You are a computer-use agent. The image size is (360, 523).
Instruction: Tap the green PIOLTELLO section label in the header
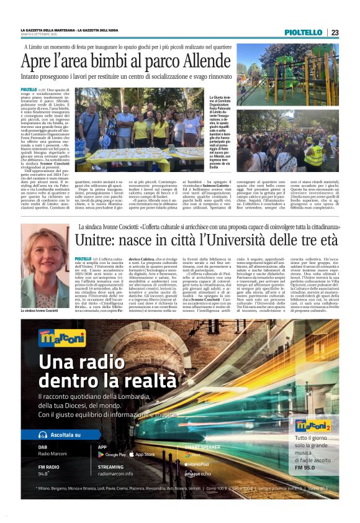coord(303,32)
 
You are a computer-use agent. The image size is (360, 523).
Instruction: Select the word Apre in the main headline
coord(39,61)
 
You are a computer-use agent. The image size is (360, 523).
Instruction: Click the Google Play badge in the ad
coord(112,455)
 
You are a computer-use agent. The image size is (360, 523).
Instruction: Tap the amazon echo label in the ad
coord(197,473)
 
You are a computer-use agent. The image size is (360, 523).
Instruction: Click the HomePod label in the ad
coord(198,463)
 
